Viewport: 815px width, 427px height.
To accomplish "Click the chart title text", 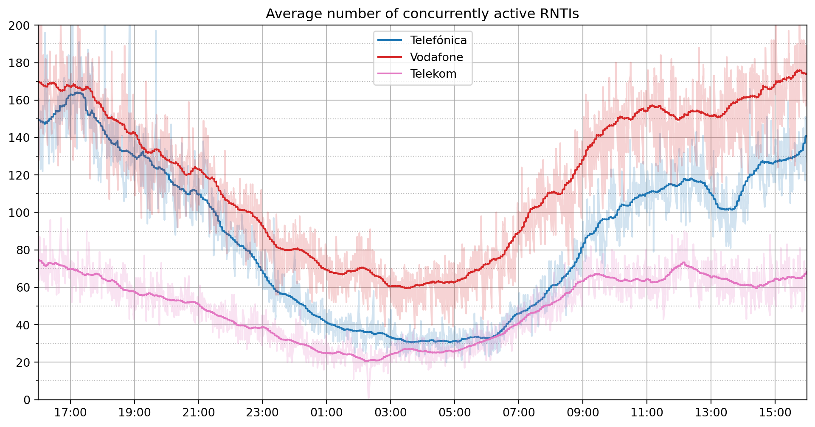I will pos(422,14).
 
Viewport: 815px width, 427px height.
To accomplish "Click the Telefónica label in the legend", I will pos(438,40).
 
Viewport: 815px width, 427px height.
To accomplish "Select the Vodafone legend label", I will pos(436,57).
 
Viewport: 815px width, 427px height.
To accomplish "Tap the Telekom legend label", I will pos(433,74).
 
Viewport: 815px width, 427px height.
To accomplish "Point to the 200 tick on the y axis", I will pos(19,25).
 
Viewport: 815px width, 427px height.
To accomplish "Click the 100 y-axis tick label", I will pos(19,213).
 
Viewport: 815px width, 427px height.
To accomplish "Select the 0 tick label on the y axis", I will pos(27,400).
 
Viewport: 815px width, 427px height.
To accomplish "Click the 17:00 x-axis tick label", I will pos(70,413).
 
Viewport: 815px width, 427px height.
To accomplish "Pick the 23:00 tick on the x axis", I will pos(262,413).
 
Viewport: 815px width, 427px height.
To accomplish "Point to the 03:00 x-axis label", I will pos(391,413).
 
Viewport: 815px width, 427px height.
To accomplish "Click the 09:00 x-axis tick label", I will pos(582,413).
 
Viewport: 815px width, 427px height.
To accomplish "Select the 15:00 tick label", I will pos(775,413).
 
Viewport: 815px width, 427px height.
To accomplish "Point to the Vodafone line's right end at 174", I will pos(805,74).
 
